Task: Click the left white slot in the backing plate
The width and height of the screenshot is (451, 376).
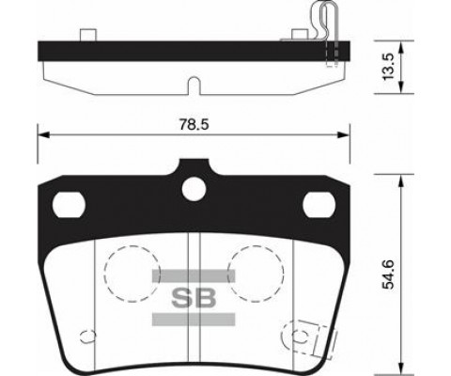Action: [70, 203]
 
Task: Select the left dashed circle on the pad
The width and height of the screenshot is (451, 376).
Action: [128, 271]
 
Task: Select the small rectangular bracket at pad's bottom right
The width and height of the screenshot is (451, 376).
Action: [306, 336]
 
